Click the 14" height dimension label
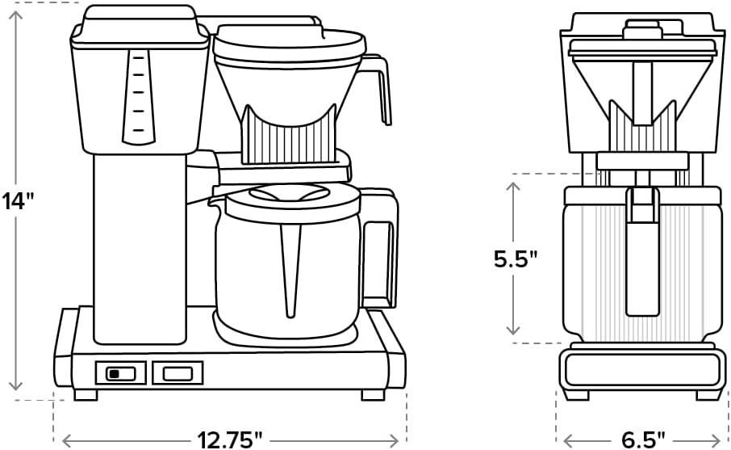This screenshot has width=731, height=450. [19, 200]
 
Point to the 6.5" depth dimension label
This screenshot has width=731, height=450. [642, 439]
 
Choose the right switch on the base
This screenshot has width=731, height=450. [178, 372]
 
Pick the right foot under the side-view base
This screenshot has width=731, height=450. [373, 395]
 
